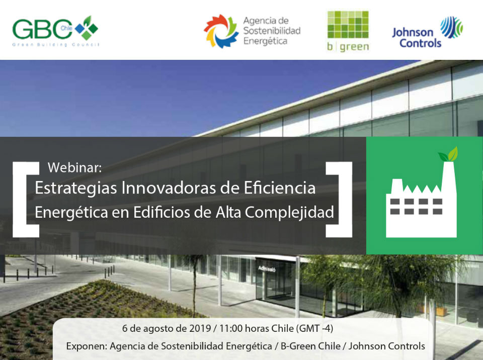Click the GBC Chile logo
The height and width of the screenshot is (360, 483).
(55, 31)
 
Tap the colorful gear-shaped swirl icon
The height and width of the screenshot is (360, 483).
(221, 31)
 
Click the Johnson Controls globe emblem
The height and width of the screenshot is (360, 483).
(452, 27)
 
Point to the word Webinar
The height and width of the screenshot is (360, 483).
(74, 167)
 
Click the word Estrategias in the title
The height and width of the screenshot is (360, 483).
(76, 188)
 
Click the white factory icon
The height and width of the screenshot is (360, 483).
(421, 200)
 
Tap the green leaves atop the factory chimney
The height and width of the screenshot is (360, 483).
(448, 154)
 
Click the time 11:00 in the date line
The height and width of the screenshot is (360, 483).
(231, 328)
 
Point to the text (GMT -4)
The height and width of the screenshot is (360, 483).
(314, 329)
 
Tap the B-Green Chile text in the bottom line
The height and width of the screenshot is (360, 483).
(310, 346)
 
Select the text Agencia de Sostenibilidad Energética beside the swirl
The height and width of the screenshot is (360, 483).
(272, 31)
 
